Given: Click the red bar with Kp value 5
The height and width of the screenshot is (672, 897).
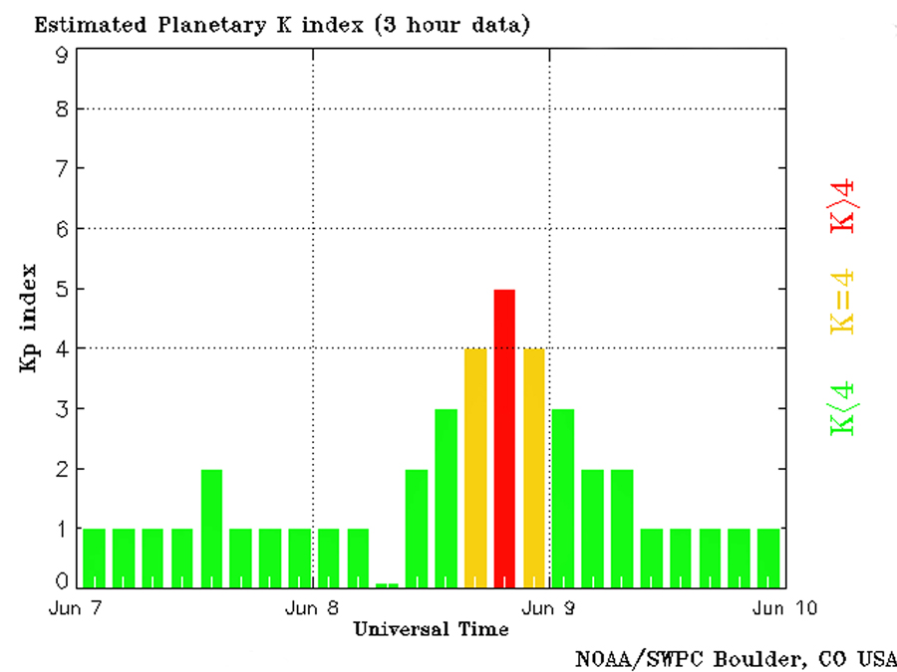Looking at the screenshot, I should pos(504,438).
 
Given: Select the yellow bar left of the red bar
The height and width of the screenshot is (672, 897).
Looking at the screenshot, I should pos(475,468).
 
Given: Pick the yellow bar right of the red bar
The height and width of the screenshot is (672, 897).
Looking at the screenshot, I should pos(534,468).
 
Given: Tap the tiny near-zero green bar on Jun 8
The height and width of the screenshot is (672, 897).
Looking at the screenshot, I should pos(387,584).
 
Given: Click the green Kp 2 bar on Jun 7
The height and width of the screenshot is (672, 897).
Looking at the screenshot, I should pos(211,528).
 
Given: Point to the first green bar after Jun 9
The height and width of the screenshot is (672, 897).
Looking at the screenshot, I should pos(563,498).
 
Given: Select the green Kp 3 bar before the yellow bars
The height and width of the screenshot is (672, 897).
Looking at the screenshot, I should pos(446,498).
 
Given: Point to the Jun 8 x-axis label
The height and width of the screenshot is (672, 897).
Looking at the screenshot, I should pos(315,607).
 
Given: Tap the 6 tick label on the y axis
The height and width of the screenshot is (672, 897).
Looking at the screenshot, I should pos(62,229).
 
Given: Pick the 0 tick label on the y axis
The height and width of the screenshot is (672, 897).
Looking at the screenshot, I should pos(62,580).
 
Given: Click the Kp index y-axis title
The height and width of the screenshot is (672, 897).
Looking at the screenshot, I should pos(29,319).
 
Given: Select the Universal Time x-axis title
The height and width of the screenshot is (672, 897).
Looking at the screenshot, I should pos(431,629).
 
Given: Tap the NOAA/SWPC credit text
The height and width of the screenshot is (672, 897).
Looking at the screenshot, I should pos(736,658).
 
